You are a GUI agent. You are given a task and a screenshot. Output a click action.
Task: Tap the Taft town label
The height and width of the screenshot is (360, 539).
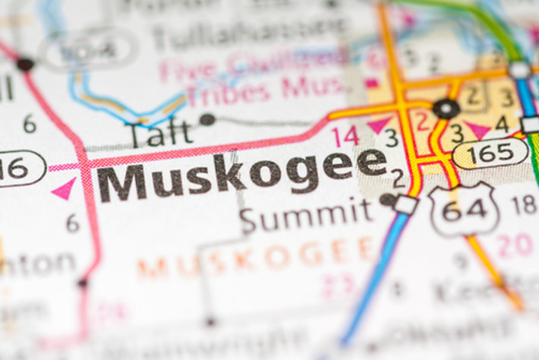point(159,134)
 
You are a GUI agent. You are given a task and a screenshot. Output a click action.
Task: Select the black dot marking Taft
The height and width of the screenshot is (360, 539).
point(206,119)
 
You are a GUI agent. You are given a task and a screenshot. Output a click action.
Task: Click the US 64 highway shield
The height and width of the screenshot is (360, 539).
point(462,208)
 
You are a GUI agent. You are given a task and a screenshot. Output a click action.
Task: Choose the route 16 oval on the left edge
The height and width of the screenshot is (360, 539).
point(18,169)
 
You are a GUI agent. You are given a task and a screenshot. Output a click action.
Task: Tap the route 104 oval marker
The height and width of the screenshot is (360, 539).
point(90,51)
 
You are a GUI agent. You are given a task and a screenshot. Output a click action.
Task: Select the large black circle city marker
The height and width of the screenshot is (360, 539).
point(446,109)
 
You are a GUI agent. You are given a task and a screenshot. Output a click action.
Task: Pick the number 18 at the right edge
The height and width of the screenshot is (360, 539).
point(523,204)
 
